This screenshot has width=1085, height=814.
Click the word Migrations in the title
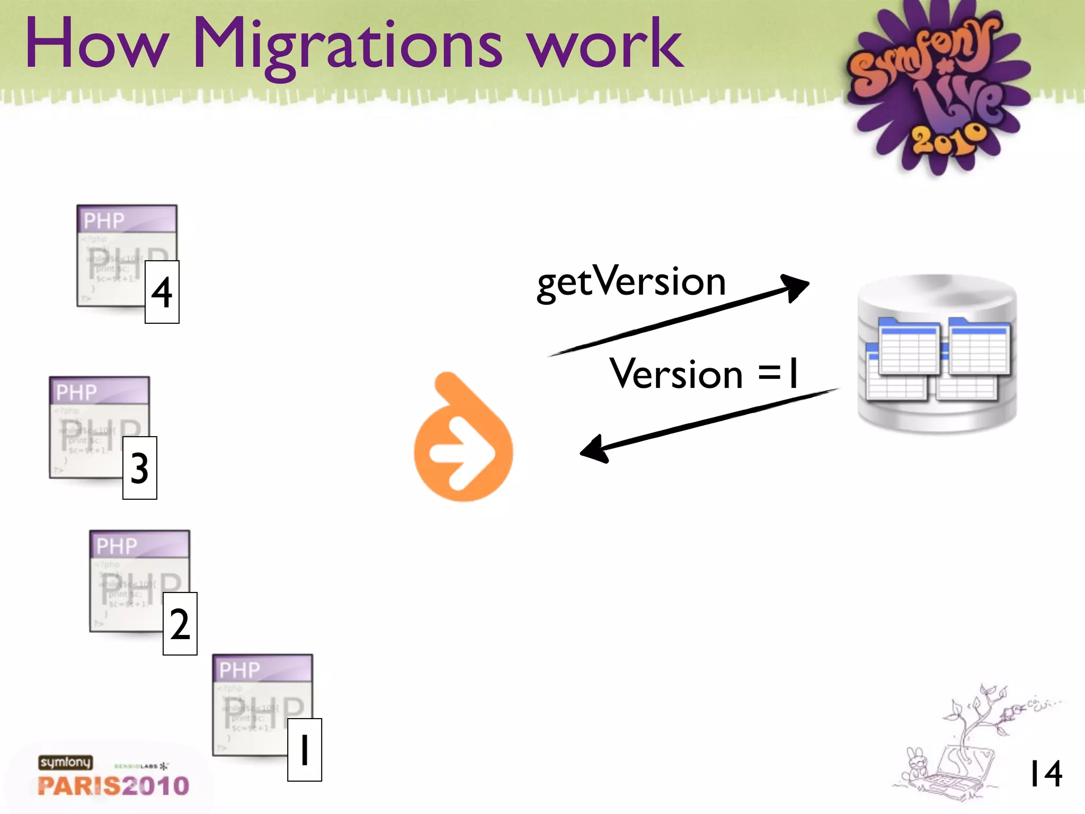pyautogui.click(x=347, y=45)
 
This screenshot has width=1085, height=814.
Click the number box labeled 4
pyautogui.click(x=162, y=292)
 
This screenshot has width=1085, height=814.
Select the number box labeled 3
pyautogui.click(x=140, y=468)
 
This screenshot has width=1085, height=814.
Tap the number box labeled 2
pyautogui.click(x=180, y=624)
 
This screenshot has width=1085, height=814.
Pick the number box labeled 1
pyautogui.click(x=305, y=750)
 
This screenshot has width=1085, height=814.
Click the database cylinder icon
pyautogui.click(x=937, y=354)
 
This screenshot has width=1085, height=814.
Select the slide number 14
pyautogui.click(x=1045, y=774)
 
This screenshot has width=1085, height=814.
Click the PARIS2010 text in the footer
pyautogui.click(x=113, y=786)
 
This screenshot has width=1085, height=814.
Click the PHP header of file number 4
pyautogui.click(x=127, y=219)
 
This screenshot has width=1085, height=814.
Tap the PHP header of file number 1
pyautogui.click(x=263, y=669)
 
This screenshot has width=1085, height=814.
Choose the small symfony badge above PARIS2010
pyautogui.click(x=65, y=763)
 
